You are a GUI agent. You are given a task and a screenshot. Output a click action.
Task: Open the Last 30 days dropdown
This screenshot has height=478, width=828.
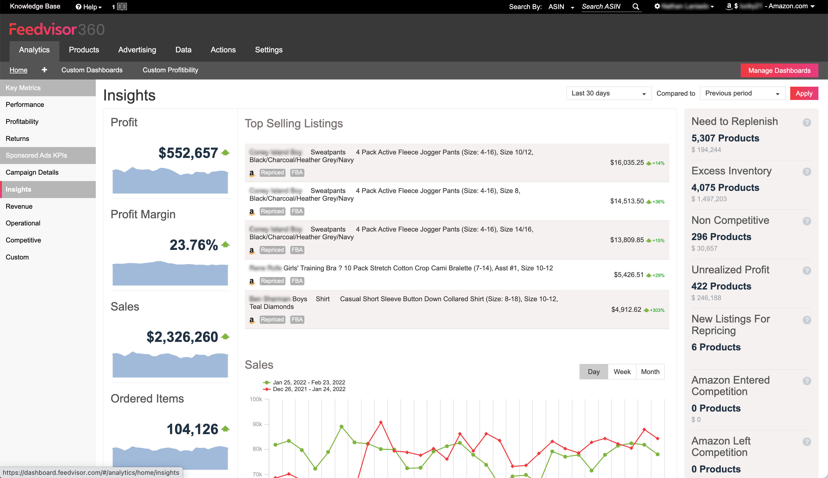coord(608,94)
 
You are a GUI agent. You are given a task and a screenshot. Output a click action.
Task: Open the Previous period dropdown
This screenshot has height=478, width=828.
coord(742,94)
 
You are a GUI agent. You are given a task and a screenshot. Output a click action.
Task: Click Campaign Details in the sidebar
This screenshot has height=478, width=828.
coord(32,172)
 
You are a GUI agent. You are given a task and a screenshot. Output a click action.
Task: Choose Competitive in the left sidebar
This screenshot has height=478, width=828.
coord(23,240)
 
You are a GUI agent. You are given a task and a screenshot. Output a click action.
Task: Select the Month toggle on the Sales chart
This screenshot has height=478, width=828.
coord(650,372)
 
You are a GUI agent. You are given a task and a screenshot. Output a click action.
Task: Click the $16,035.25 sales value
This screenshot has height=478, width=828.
coord(627,162)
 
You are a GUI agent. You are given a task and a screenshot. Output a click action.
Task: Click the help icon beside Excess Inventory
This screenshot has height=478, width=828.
coord(807,172)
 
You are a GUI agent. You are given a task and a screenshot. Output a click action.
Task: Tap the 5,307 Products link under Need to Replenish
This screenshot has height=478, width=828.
coord(725,138)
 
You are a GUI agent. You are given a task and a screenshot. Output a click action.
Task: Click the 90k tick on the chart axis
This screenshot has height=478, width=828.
coord(257,424)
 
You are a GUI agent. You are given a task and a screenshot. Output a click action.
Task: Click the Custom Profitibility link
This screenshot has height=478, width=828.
coord(170,70)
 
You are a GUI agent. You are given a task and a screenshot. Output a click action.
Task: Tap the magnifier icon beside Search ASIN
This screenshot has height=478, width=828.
coord(635,7)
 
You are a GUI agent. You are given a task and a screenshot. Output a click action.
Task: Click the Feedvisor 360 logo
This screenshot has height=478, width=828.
coord(56,30)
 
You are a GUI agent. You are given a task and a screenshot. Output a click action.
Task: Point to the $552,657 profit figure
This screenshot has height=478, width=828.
coord(188,153)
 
